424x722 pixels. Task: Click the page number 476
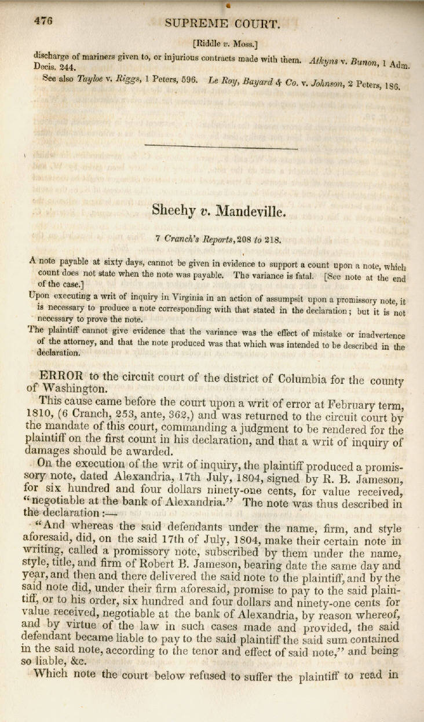pos(43,21)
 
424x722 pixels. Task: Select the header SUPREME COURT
pos(222,24)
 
